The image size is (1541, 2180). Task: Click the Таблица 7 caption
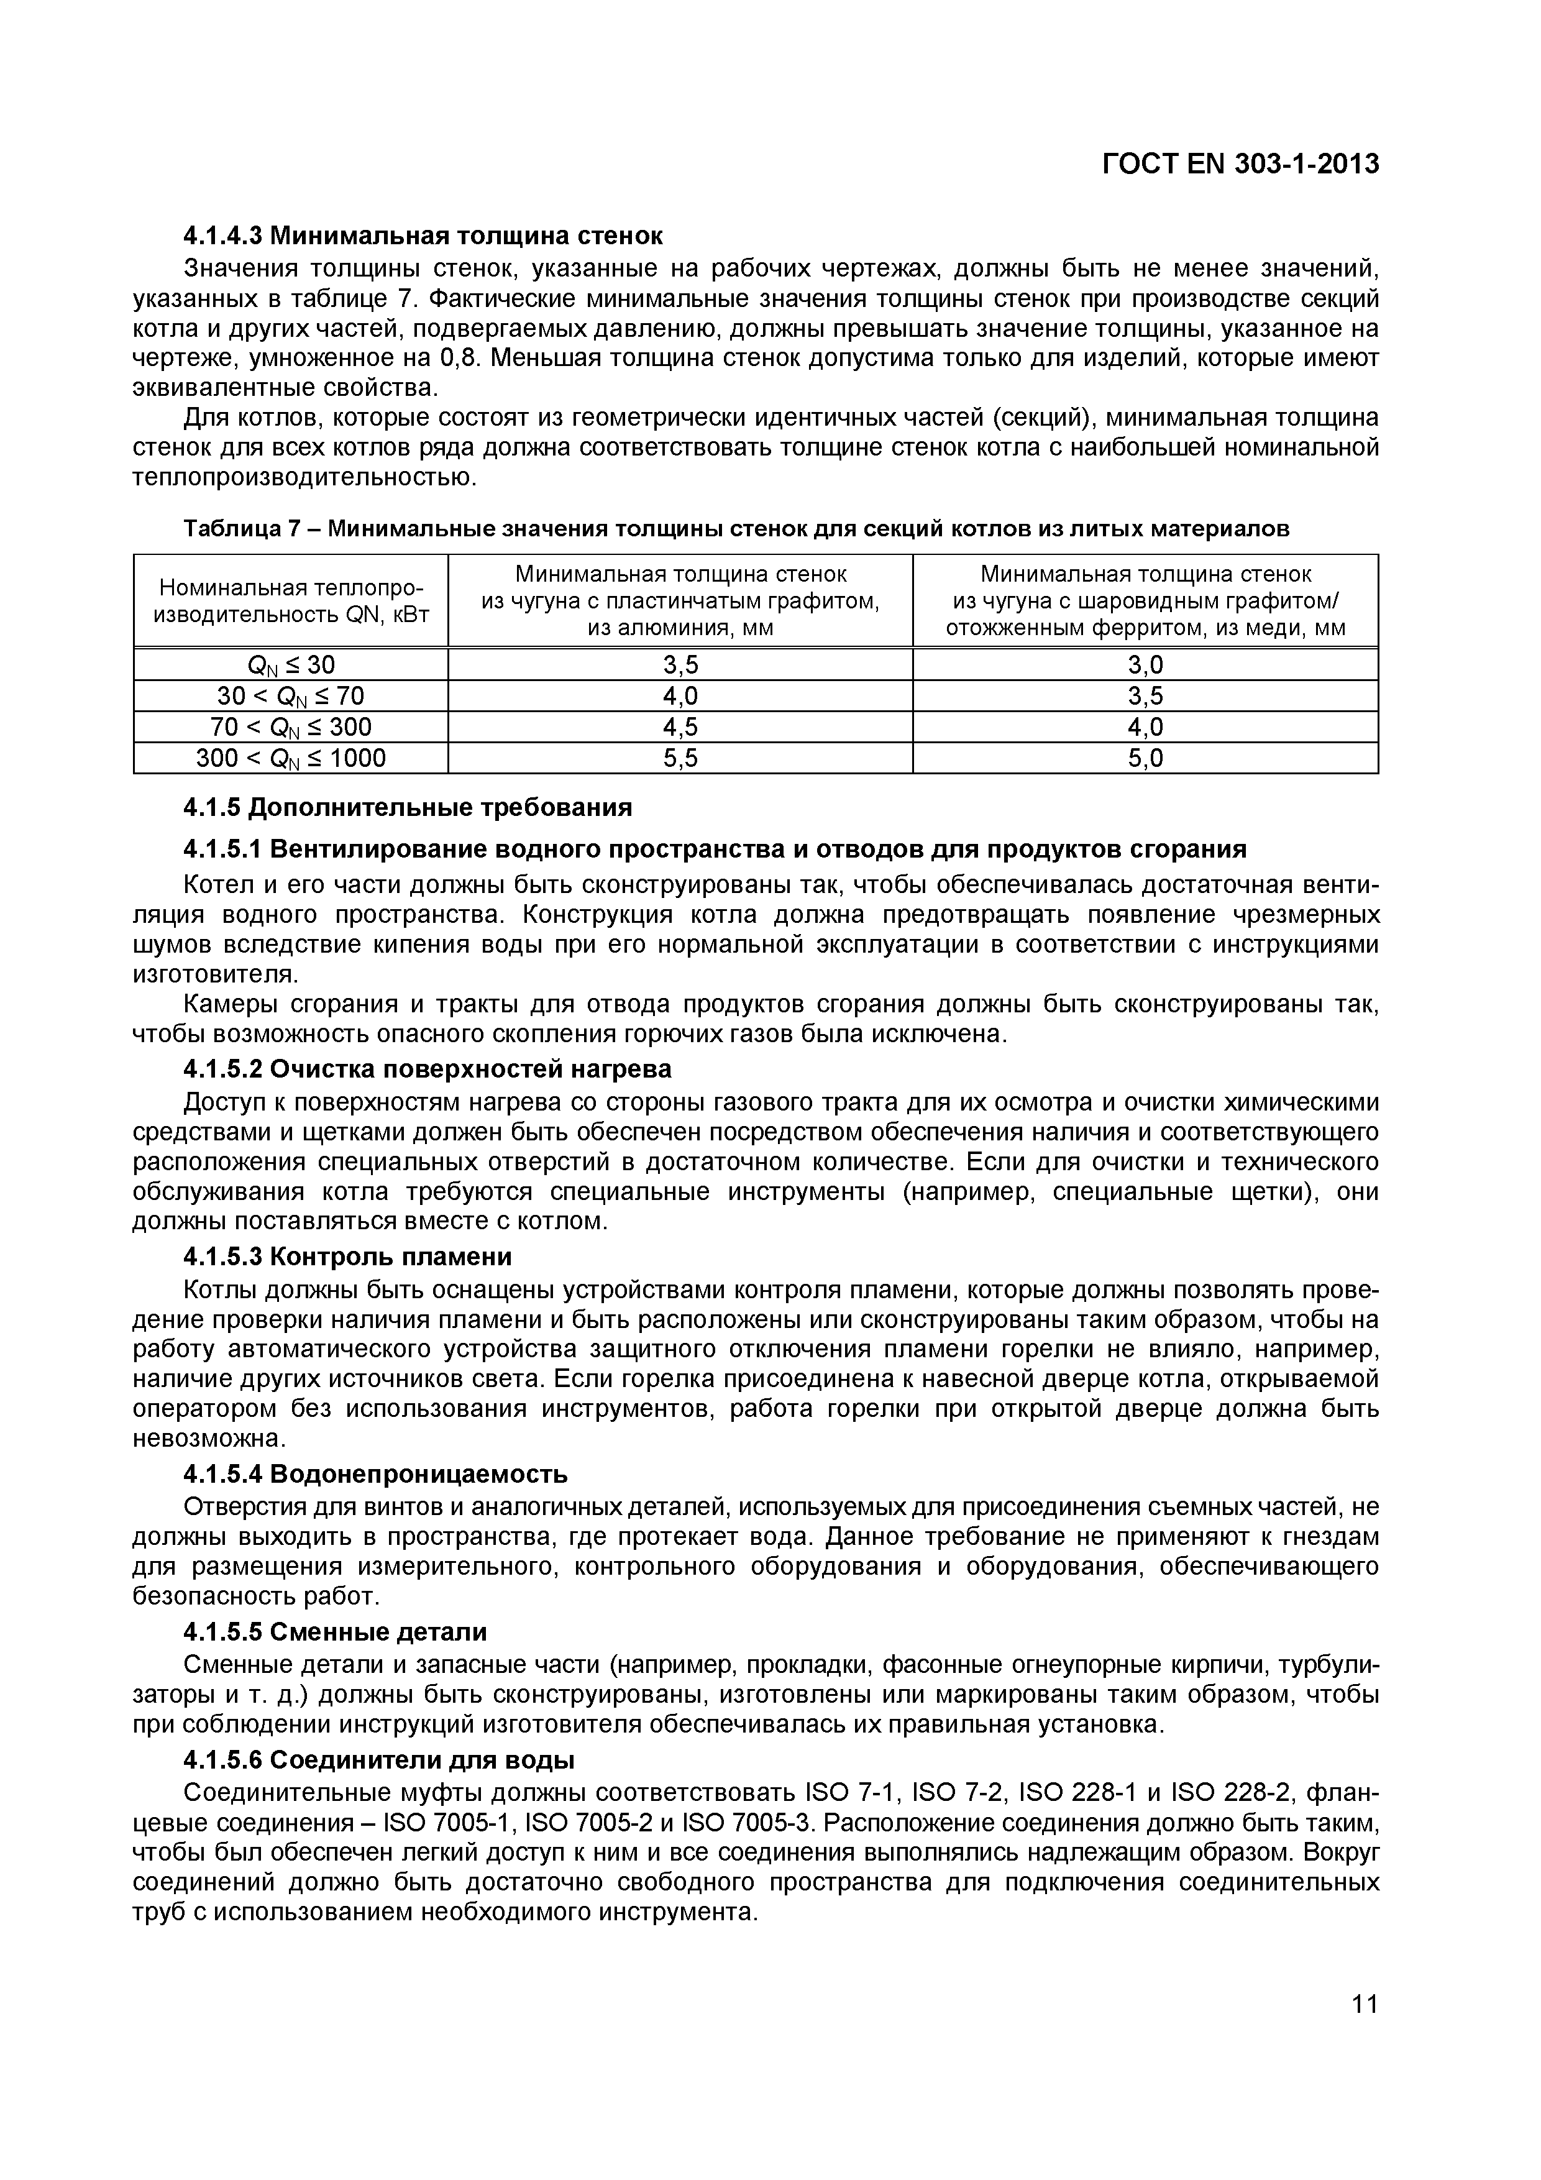tap(736, 529)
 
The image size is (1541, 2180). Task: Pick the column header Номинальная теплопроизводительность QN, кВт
tap(291, 600)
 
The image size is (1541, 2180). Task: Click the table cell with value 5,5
tap(680, 758)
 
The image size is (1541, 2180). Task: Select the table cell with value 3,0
tap(1145, 664)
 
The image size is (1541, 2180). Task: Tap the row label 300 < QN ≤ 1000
tap(291, 758)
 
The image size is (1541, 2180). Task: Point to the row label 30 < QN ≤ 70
tap(291, 696)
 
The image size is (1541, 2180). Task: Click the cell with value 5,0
tap(1145, 758)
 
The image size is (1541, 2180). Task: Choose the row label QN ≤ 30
tap(291, 664)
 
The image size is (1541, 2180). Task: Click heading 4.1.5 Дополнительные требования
tap(408, 807)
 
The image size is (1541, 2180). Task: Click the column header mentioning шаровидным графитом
tap(1145, 600)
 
